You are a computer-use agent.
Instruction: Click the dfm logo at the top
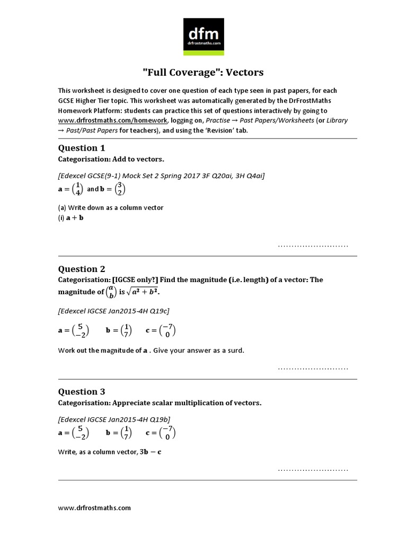tap(203, 36)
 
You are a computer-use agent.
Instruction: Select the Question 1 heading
tap(78, 148)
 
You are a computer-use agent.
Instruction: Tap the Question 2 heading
tap(78, 269)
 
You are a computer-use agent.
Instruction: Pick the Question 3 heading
tap(78, 392)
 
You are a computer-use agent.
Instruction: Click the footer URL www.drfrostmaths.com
tap(94, 507)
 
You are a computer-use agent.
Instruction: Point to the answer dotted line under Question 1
tap(313, 246)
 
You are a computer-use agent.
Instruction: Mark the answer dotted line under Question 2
tap(313, 368)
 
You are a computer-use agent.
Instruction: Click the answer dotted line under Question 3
tap(313, 470)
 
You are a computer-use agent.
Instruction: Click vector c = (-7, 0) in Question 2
tap(161, 330)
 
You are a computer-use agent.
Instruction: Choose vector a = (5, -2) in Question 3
tap(74, 433)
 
